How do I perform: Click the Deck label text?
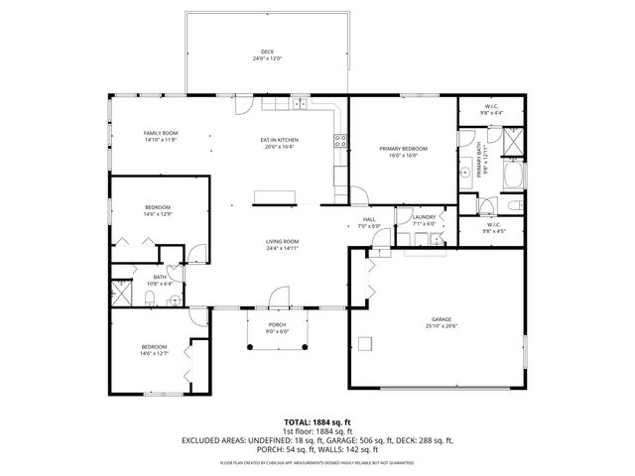267,52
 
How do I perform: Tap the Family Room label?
160,133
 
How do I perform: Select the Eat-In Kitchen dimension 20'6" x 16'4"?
280,147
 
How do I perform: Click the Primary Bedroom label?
402,149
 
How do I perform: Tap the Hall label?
369,219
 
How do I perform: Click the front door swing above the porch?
279,297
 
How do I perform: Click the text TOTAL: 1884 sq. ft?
317,422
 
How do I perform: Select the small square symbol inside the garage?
366,343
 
